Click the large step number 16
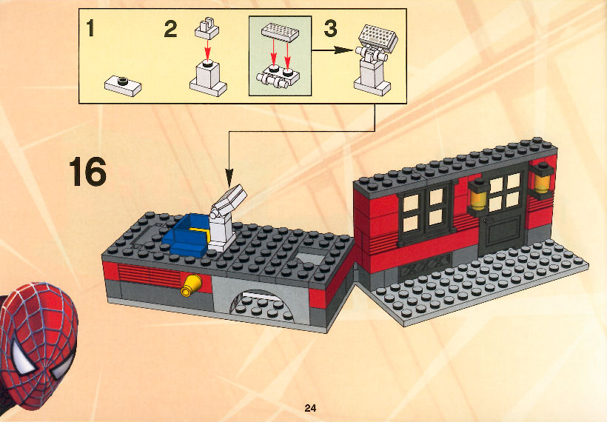point(87,172)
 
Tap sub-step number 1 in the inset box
point(90,28)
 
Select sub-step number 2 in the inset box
point(171,29)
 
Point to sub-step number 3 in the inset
point(330,29)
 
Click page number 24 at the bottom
point(310,408)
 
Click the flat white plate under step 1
point(123,86)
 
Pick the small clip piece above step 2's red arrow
point(207,29)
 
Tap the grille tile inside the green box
point(280,32)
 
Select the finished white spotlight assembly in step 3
point(374,60)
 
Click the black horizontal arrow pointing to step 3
point(332,50)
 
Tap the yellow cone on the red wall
point(191,285)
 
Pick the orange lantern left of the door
point(478,197)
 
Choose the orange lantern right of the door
point(542,181)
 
